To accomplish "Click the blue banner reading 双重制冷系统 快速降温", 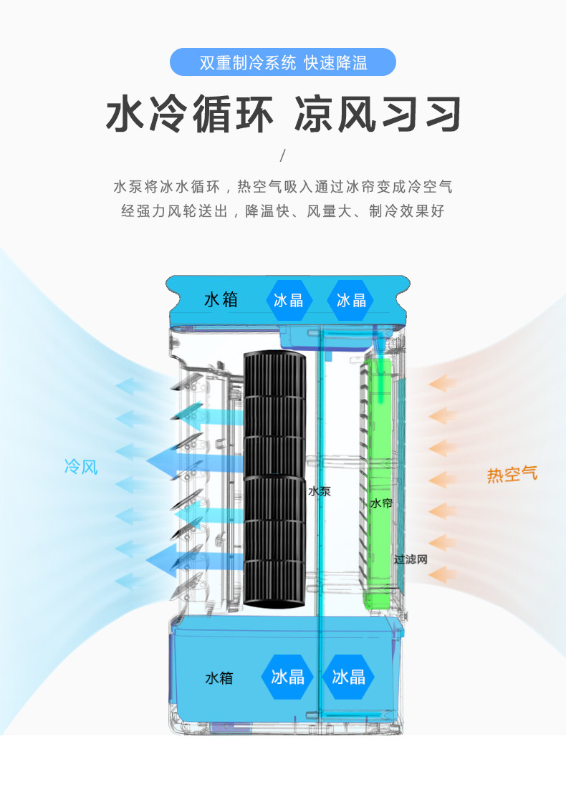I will (282, 62).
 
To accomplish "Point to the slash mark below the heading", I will (282, 156).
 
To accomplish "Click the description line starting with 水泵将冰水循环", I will (282, 188).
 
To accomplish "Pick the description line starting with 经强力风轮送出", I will (282, 211).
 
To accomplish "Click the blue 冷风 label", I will (80, 468).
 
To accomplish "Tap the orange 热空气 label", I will (512, 474).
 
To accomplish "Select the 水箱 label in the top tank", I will (221, 299).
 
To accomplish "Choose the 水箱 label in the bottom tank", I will (219, 677).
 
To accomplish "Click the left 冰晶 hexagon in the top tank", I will (289, 300).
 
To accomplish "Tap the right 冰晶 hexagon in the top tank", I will (351, 300).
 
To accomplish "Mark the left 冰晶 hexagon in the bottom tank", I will (287, 676).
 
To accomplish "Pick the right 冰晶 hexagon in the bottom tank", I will (349, 676).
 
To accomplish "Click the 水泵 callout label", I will (320, 492).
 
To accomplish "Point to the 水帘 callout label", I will (381, 503).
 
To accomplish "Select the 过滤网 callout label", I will (411, 559).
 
